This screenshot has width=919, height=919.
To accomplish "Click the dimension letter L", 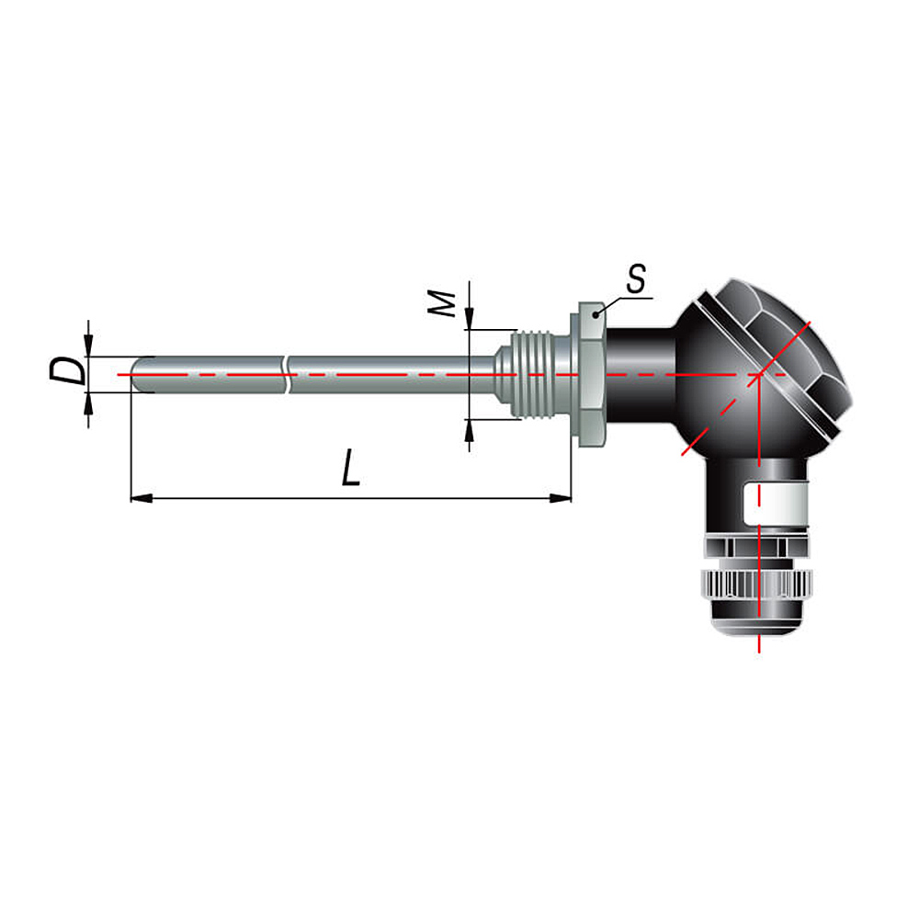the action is coord(351,468).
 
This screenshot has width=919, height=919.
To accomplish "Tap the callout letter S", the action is coord(636,278).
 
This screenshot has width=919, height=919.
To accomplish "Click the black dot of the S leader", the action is coord(596,315).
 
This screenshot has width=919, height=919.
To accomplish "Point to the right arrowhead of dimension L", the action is coord(561,498).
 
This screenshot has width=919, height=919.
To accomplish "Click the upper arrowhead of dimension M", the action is coord(469,319).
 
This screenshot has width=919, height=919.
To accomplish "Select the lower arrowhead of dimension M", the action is coord(469,431).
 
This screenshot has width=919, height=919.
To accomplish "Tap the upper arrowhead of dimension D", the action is coord(88,346).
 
